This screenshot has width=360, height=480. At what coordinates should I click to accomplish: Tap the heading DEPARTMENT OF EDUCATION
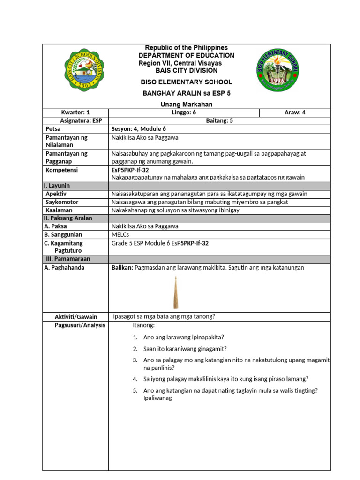pos(186,55)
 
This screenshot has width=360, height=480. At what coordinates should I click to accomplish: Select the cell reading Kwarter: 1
pos(75,112)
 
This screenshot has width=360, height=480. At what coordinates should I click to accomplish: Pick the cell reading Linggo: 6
pos(184,112)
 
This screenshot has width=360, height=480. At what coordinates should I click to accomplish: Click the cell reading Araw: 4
pos(295,112)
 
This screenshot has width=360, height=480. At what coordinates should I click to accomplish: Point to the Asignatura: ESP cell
pos(75,120)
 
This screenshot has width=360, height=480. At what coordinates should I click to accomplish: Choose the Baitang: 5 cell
pos(219,120)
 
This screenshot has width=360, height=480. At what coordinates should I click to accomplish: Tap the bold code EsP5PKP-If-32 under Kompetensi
pos(130,170)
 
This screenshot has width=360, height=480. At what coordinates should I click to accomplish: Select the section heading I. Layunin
pos(57,186)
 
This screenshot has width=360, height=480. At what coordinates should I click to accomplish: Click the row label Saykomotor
pos(62,202)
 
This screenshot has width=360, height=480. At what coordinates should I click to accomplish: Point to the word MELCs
pos(120,234)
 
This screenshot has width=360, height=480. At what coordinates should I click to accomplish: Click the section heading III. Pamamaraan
pos(68,259)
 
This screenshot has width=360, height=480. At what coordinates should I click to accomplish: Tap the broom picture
pos(176,293)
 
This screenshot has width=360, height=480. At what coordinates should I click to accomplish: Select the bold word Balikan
pos(122,268)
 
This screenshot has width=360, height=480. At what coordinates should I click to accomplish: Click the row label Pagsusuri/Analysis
pos(80,325)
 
